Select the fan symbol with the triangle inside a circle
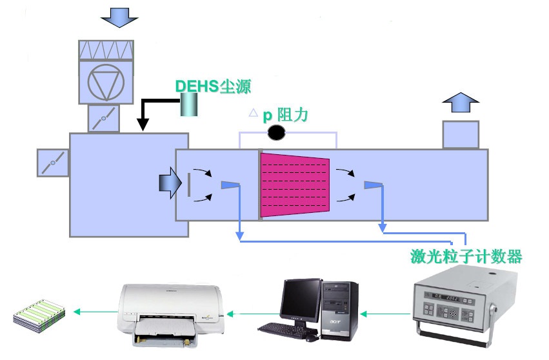(106, 82)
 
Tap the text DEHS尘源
(212, 86)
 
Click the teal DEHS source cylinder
(189, 103)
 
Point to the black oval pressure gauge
(277, 133)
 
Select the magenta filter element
(294, 185)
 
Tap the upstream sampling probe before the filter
(230, 185)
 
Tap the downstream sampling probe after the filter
(373, 185)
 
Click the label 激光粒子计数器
(466, 256)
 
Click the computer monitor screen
(301, 300)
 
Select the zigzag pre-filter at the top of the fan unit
(106, 49)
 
